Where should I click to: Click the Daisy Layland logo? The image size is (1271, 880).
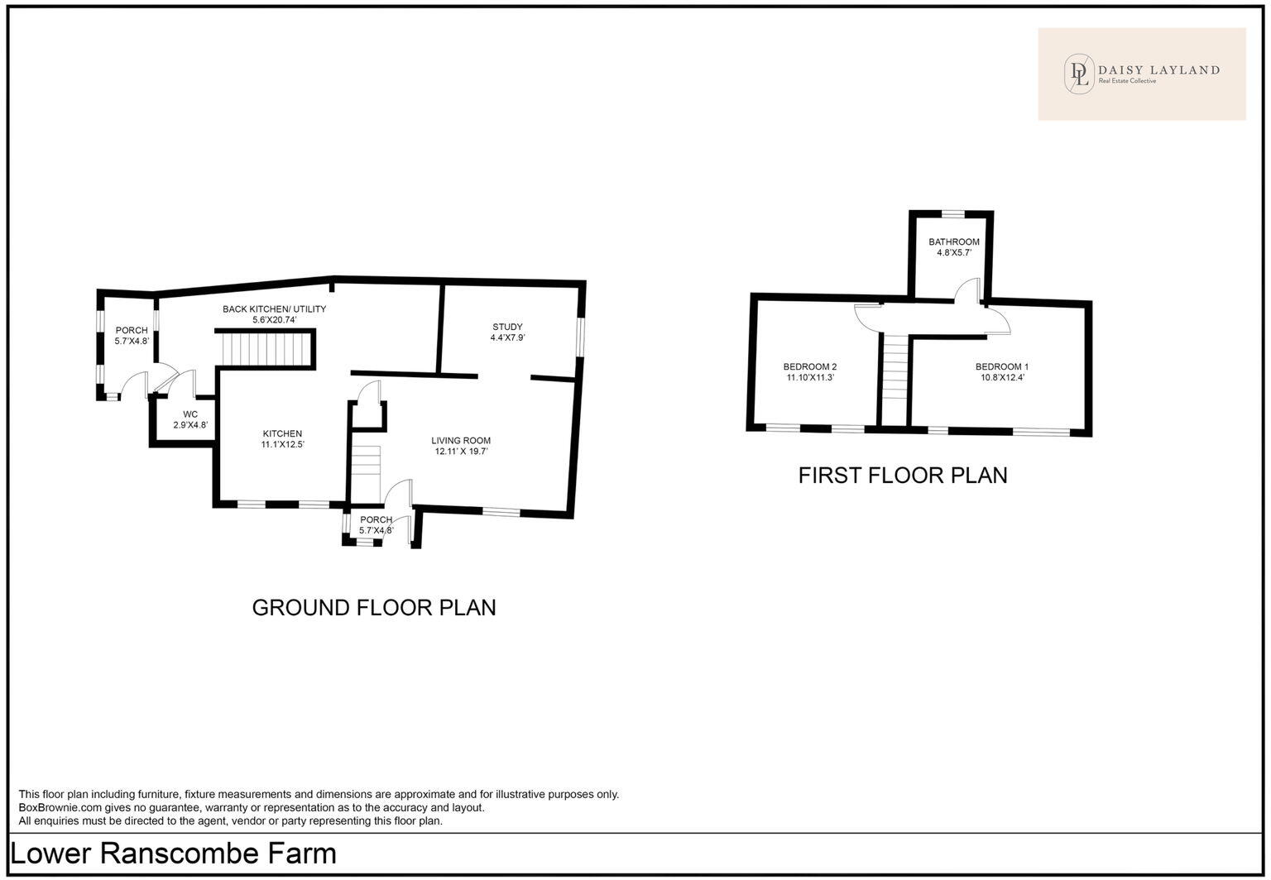(1141, 74)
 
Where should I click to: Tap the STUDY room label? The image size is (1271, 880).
(506, 327)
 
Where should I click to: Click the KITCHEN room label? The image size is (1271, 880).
(282, 433)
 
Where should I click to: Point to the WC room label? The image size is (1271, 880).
(190, 414)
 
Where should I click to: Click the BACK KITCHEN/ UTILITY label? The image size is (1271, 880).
(274, 309)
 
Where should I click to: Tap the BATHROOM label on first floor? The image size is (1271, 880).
(953, 242)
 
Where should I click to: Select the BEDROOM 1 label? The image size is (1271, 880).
(1001, 366)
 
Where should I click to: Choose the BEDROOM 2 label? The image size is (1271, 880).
(810, 366)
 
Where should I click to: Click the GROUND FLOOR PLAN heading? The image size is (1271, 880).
(373, 608)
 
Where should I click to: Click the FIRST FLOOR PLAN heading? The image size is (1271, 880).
(902, 476)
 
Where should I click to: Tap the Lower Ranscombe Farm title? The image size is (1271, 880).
(174, 854)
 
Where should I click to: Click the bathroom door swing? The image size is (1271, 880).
(967, 290)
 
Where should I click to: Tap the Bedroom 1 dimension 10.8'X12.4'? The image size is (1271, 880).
(1001, 377)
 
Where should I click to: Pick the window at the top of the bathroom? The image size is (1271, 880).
(952, 213)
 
